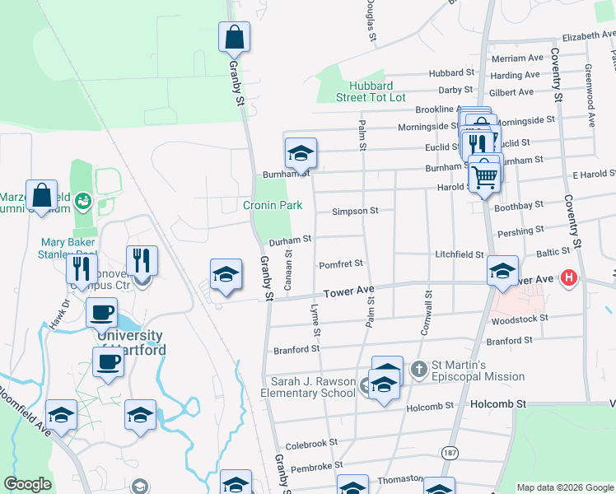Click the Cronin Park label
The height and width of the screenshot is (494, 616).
click(x=273, y=205)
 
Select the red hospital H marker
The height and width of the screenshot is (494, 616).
click(x=568, y=278)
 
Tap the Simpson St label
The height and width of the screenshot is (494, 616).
click(x=355, y=211)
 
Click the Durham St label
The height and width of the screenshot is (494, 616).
click(x=290, y=239)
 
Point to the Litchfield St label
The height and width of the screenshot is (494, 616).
click(x=460, y=255)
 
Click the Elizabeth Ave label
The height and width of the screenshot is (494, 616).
click(x=589, y=37)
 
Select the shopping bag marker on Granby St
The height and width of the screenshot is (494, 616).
click(x=234, y=37)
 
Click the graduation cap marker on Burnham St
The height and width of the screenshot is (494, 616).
click(x=301, y=153)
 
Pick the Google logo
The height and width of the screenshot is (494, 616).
click(x=27, y=484)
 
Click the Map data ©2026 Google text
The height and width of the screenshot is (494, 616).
click(x=565, y=487)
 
